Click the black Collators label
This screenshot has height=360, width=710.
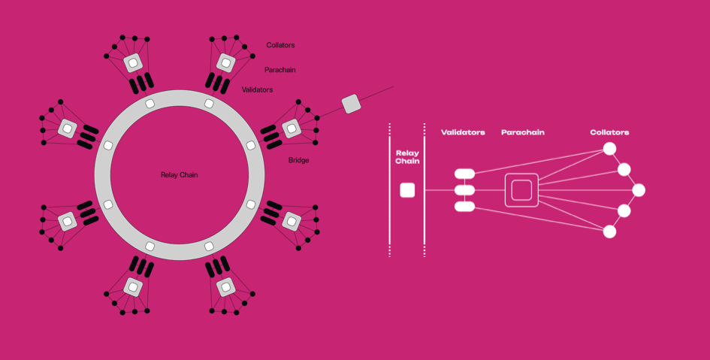[x=280, y=45]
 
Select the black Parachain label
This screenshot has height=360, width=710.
[x=279, y=70]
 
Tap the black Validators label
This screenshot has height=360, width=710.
[x=257, y=89]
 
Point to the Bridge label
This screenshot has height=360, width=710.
[x=298, y=160]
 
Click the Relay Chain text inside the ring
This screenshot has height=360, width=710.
[x=180, y=175]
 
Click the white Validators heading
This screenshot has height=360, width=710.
[x=463, y=132]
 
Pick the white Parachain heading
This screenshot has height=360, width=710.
[x=522, y=132]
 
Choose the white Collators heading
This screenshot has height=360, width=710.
[x=609, y=132]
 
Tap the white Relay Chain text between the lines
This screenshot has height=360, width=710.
[x=407, y=157]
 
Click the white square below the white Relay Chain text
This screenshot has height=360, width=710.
[x=407, y=190]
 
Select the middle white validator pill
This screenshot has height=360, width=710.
[x=464, y=190]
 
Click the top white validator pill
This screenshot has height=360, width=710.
[x=464, y=174]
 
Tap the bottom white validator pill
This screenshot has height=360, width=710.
[x=464, y=207]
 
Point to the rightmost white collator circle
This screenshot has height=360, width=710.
[x=639, y=190]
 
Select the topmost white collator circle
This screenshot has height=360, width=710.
[x=609, y=149]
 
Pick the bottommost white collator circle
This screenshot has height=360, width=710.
[x=609, y=231]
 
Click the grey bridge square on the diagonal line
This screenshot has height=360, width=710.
[x=351, y=104]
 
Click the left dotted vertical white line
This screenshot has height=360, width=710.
[x=389, y=190]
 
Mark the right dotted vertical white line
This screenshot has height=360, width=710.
[x=424, y=190]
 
